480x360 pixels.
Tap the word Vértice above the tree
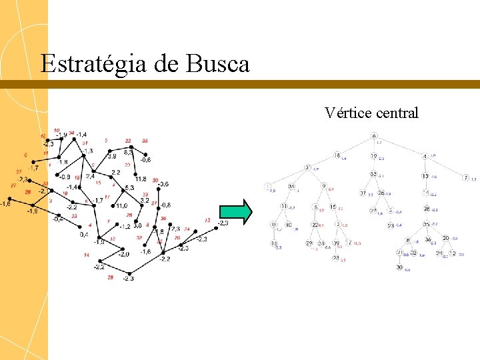[x=347, y=113]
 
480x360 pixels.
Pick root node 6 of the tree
[x=374, y=137]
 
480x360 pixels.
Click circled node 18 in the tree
[x=337, y=155]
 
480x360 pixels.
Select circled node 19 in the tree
[x=374, y=156]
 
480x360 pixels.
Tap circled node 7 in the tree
[x=465, y=177]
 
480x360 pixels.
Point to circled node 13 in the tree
[x=425, y=176]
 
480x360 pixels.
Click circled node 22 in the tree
[x=315, y=225]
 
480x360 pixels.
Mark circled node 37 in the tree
[x=363, y=193]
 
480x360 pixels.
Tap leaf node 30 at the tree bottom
[x=399, y=267]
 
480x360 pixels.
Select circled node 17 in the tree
[x=349, y=243]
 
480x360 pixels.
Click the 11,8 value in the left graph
[x=141, y=179]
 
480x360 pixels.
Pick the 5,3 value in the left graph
[x=129, y=188]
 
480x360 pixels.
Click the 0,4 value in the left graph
[x=83, y=234]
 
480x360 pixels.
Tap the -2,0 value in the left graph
[x=124, y=254]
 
